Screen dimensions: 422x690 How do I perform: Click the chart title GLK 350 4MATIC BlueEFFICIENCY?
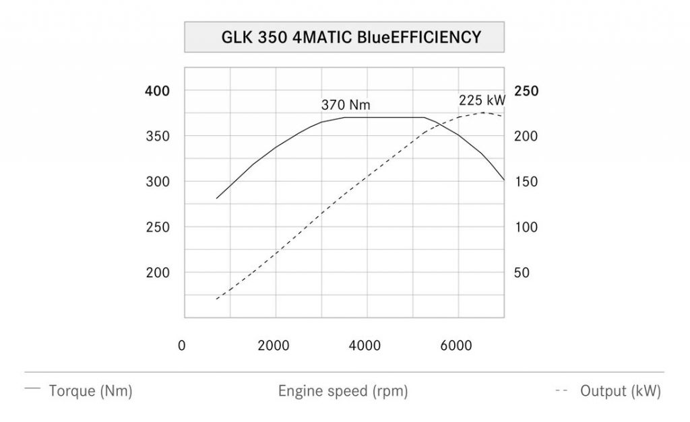(x=344, y=37)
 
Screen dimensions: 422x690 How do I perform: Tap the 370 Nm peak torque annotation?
(x=346, y=105)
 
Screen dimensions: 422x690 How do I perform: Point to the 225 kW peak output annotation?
(x=482, y=100)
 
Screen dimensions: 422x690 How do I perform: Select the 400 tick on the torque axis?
(x=157, y=91)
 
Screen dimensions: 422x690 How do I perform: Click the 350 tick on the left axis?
(x=157, y=136)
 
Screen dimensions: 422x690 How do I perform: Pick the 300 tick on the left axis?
(x=157, y=182)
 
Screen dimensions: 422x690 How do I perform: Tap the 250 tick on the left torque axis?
(x=157, y=227)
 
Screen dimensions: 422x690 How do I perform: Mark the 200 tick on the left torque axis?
(x=157, y=273)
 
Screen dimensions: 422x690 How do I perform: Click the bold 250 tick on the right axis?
(x=526, y=91)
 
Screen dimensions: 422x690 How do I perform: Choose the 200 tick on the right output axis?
(x=526, y=136)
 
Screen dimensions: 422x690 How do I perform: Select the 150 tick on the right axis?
(x=526, y=182)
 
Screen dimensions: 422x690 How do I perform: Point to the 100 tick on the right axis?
(x=526, y=227)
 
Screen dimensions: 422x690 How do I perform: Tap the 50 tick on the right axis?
(x=522, y=273)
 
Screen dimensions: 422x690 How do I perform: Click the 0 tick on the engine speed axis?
(x=182, y=345)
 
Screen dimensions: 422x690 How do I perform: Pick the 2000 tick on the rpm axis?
(x=274, y=345)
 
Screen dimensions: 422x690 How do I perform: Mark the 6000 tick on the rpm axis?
(x=456, y=345)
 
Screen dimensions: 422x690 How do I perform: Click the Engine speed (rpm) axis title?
(x=343, y=391)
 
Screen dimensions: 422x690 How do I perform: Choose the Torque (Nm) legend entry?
(x=90, y=391)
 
